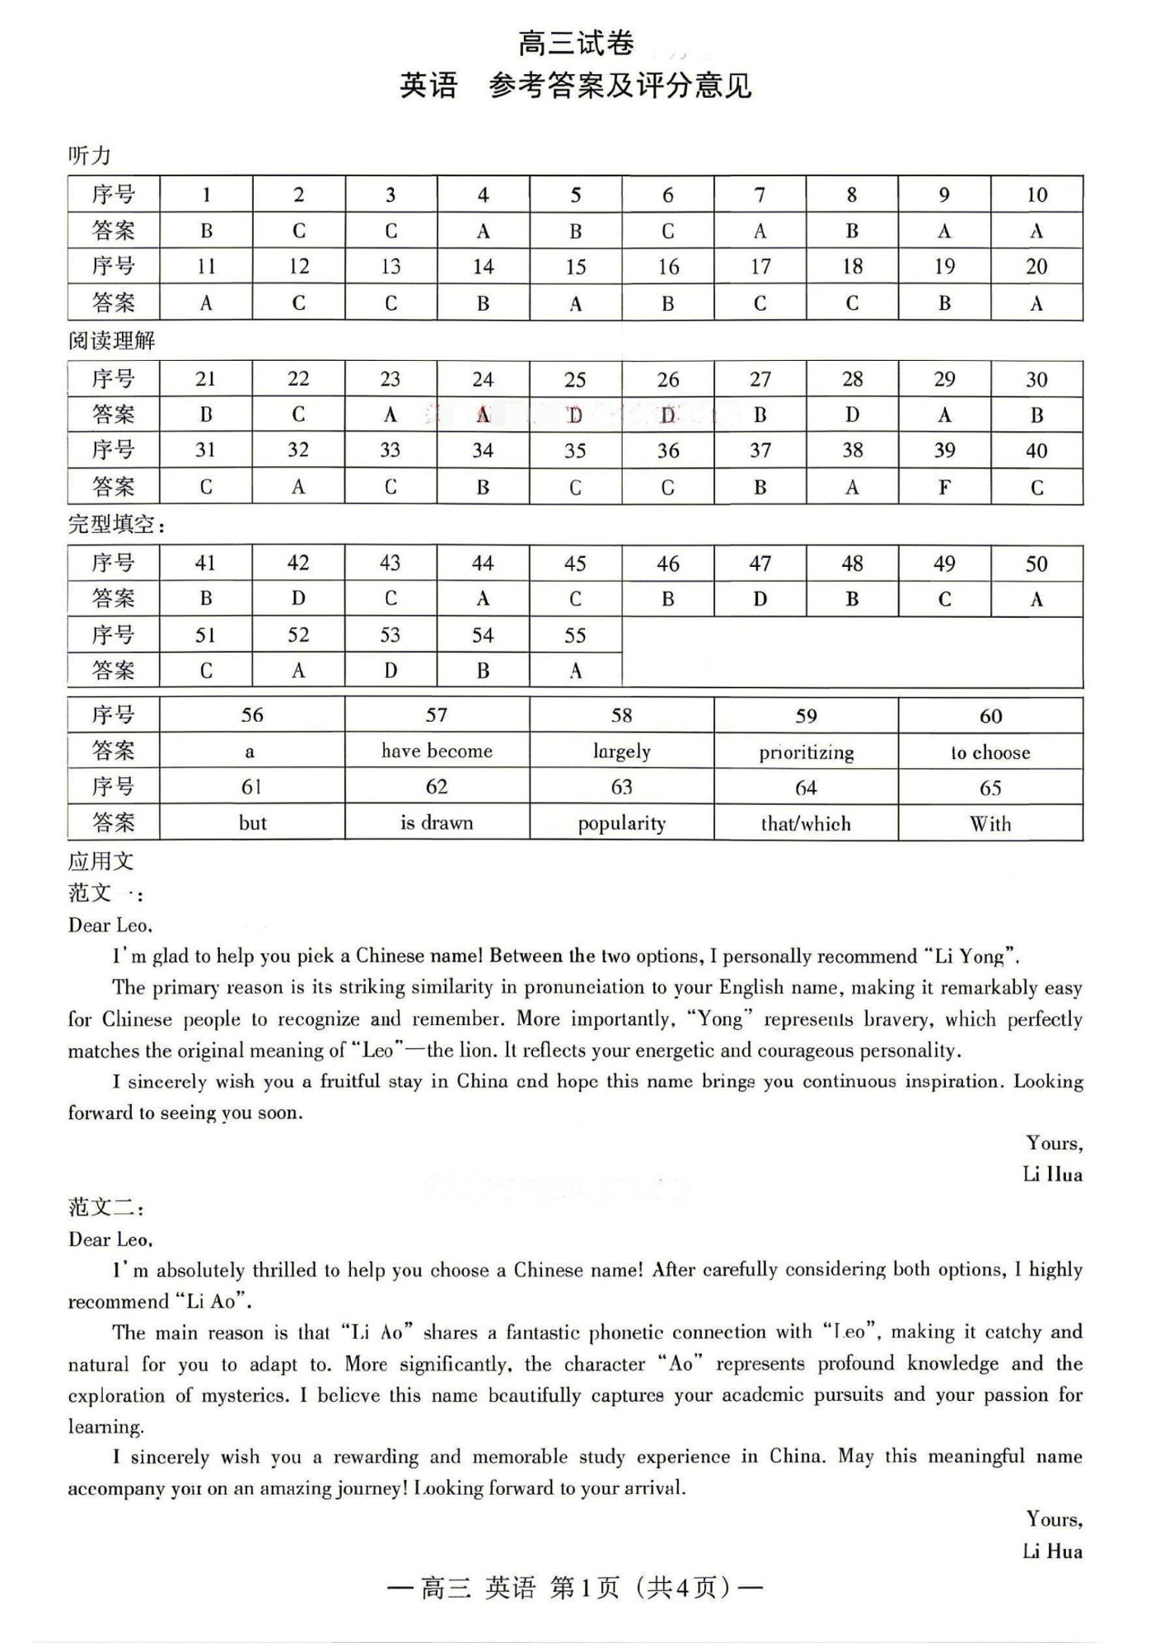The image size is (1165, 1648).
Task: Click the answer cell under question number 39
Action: click(944, 487)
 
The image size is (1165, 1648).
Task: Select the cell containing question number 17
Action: click(760, 266)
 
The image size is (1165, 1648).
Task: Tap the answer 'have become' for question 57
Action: click(437, 751)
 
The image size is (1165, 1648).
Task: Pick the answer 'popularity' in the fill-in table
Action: click(621, 823)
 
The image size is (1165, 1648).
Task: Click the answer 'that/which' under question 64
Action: click(806, 823)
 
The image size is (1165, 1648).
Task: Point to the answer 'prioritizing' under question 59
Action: click(806, 752)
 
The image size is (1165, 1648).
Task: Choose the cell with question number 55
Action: click(575, 635)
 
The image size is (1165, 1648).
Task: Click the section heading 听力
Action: click(89, 155)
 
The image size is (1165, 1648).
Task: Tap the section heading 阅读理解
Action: click(111, 340)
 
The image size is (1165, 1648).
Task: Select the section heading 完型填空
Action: click(115, 524)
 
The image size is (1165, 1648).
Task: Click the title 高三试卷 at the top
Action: click(576, 43)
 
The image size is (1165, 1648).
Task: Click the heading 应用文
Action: click(101, 861)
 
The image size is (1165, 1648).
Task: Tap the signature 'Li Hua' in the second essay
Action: click(1052, 1552)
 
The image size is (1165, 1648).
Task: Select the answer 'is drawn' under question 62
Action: click(437, 822)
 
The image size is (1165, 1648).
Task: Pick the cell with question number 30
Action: click(1036, 379)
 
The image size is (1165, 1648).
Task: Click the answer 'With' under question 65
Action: click(990, 823)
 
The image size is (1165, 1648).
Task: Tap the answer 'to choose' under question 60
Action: click(990, 752)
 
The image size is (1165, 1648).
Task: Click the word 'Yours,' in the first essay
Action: click(1054, 1143)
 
